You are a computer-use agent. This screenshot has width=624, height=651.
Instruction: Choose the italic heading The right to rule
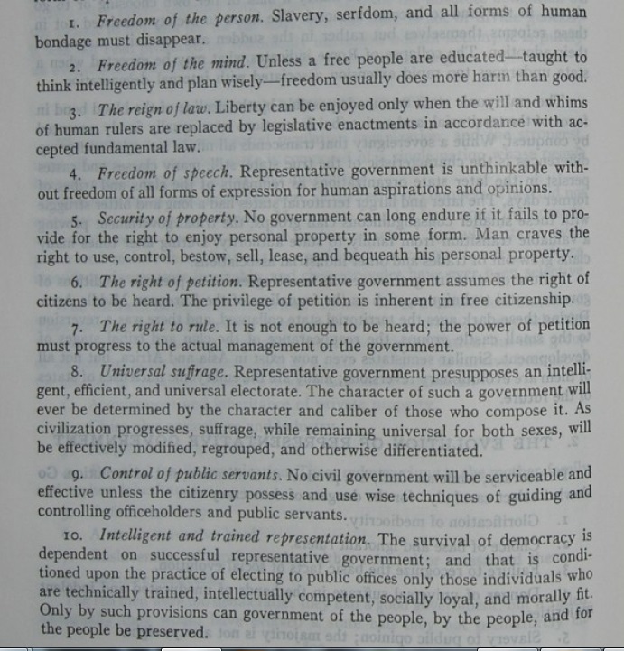(x=152, y=326)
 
